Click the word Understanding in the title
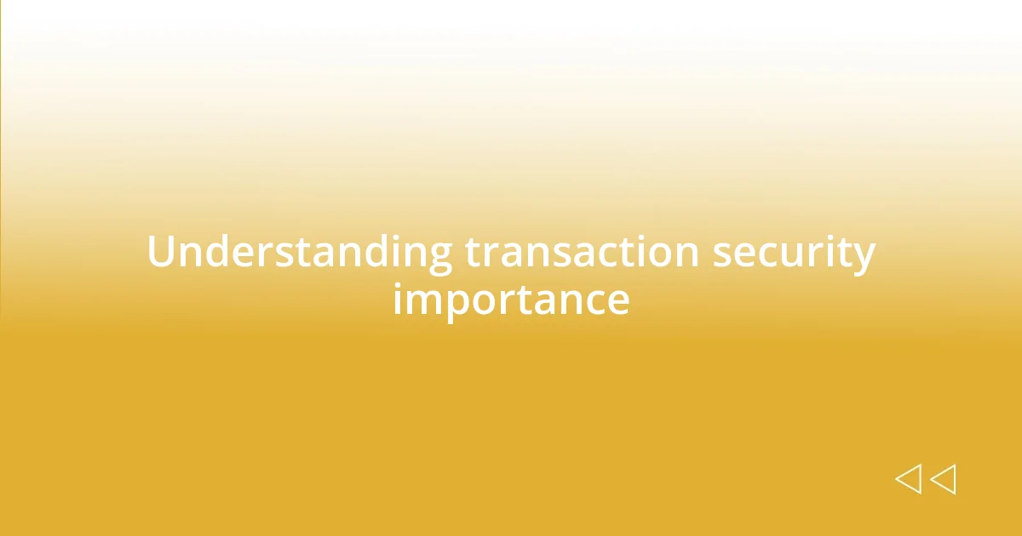click(x=299, y=254)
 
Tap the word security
click(x=794, y=254)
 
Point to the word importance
click(x=511, y=300)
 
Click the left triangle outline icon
click(x=908, y=479)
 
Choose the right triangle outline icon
click(x=943, y=479)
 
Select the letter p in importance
click(x=452, y=306)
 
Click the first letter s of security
click(x=722, y=255)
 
